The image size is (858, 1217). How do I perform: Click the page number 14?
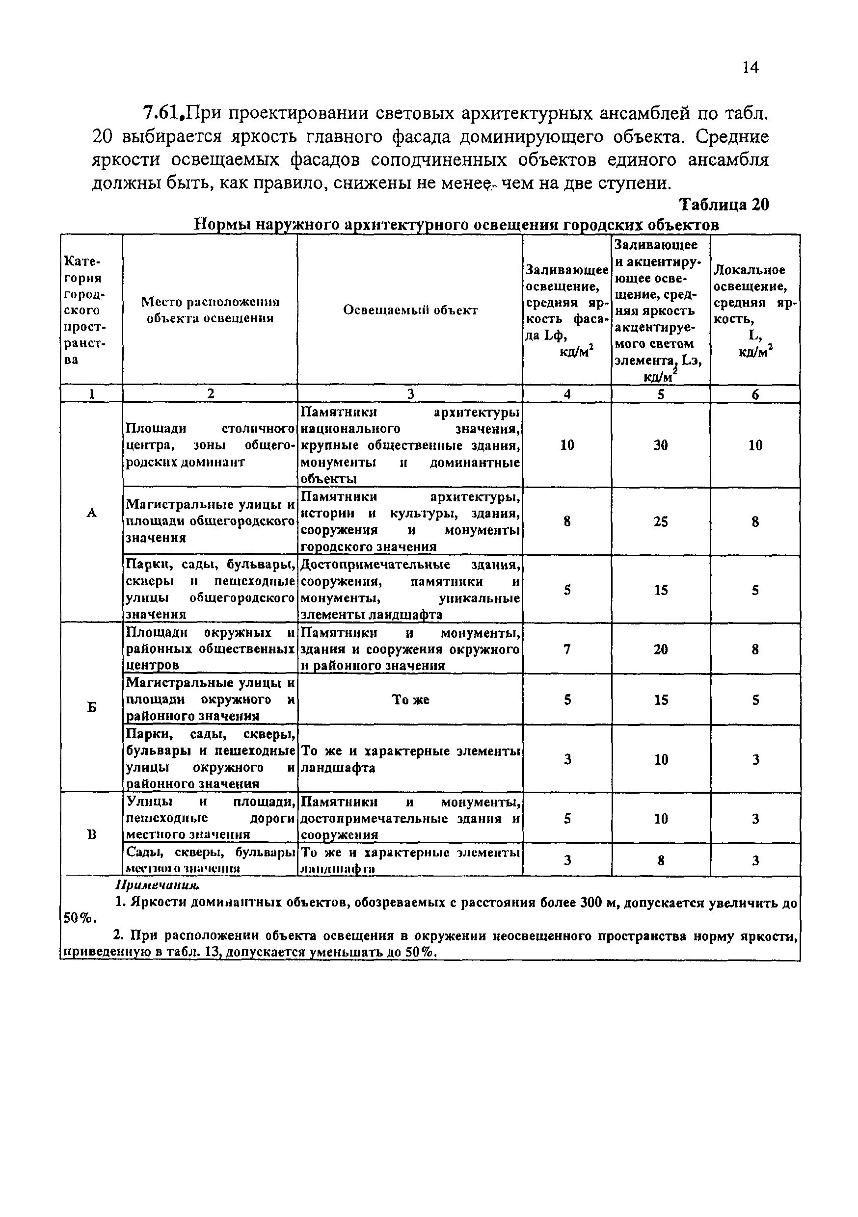pyautogui.click(x=751, y=68)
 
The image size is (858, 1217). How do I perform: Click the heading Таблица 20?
pyautogui.click(x=724, y=205)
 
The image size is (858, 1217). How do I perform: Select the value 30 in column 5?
pyautogui.click(x=660, y=445)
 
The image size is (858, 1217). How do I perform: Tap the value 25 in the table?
pyautogui.click(x=660, y=522)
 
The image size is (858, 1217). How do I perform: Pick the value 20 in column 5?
pyautogui.click(x=660, y=649)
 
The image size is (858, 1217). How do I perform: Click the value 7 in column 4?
pyautogui.click(x=567, y=649)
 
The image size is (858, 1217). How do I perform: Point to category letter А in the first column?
pyautogui.click(x=92, y=513)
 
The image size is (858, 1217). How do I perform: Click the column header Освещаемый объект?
pyautogui.click(x=410, y=310)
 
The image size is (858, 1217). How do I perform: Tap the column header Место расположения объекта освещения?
pyautogui.click(x=210, y=310)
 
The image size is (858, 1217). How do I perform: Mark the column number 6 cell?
pyautogui.click(x=755, y=394)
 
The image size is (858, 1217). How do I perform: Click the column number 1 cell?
pyautogui.click(x=92, y=394)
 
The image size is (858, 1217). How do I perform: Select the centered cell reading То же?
pyautogui.click(x=410, y=699)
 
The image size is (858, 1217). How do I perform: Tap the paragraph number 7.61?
pyautogui.click(x=163, y=113)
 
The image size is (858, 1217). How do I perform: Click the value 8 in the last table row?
pyautogui.click(x=660, y=861)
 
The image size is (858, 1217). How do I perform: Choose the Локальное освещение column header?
pyautogui.click(x=755, y=310)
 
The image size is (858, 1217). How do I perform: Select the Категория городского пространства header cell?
pyautogui.click(x=85, y=310)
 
